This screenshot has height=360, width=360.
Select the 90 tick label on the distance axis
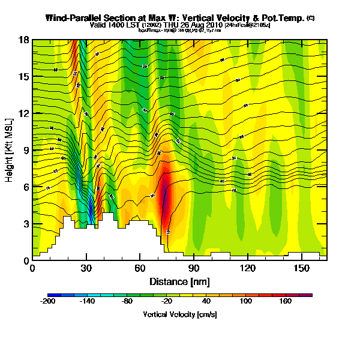coord(194,268)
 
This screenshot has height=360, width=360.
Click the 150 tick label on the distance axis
coord(302,268)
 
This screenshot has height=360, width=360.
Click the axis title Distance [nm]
coord(179,281)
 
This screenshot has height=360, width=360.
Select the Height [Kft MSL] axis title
coord(10,150)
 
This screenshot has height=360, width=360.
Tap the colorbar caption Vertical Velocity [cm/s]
coord(180,314)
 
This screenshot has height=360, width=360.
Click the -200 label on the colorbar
coord(48,302)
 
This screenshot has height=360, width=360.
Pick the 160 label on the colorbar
coord(286,302)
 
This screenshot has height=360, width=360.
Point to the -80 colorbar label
coord(127,302)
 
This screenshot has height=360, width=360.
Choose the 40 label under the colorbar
coord(206,302)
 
